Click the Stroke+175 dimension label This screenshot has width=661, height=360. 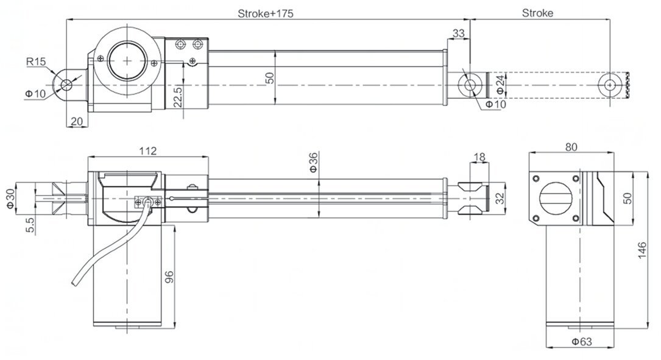pos(266,13)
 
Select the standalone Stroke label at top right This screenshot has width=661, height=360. pos(538,13)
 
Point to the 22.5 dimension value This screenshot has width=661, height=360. pos(177,96)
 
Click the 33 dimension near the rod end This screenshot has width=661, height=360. pos(459,32)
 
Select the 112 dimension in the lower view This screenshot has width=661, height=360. pos(148,150)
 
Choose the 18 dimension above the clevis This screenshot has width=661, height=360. pos(479,157)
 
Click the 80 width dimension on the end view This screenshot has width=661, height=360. pos(571,147)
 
